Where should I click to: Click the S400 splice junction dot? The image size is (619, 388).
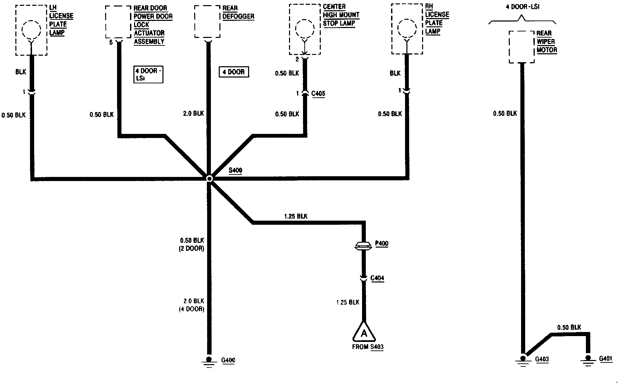click(209, 178)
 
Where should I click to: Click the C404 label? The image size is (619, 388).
click(377, 278)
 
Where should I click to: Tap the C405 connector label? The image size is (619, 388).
click(318, 93)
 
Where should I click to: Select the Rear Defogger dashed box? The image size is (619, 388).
click(207, 22)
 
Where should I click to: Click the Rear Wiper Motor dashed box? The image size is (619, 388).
click(522, 47)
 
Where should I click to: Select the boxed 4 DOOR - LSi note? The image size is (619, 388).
click(148, 74)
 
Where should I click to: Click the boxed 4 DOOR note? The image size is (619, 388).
click(234, 72)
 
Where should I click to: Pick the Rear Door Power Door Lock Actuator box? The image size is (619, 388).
click(118, 22)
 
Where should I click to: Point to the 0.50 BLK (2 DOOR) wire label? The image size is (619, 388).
click(192, 245)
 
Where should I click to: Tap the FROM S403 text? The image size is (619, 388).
click(368, 347)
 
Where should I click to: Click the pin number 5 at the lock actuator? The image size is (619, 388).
click(111, 43)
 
